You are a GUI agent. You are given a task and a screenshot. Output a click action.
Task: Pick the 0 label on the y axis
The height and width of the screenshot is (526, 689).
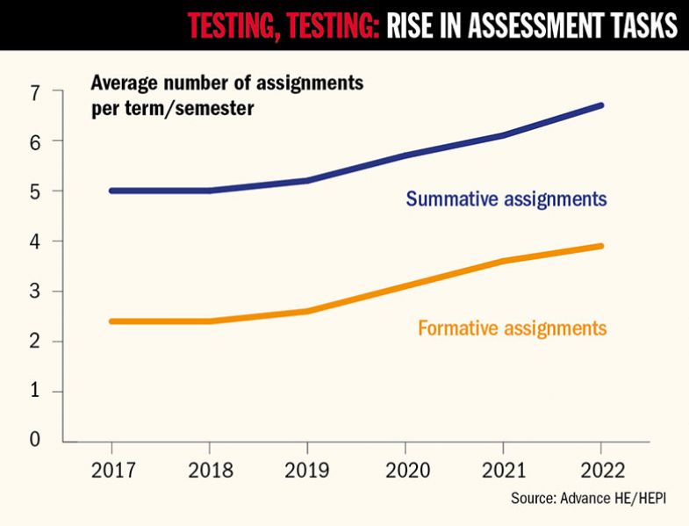click(x=34, y=439)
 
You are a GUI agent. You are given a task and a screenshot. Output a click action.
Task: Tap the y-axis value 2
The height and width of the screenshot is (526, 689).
click(x=34, y=341)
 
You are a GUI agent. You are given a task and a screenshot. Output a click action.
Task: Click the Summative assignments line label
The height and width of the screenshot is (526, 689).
click(x=506, y=198)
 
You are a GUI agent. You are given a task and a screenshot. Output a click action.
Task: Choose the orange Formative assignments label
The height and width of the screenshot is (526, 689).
click(x=513, y=328)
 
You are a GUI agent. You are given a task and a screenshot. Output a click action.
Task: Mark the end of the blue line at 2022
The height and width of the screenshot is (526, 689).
click(x=600, y=105)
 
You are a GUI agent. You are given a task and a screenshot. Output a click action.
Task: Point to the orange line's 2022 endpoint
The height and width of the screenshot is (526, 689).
click(x=600, y=246)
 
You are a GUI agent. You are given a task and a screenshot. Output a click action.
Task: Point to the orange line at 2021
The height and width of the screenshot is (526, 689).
click(x=503, y=261)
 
